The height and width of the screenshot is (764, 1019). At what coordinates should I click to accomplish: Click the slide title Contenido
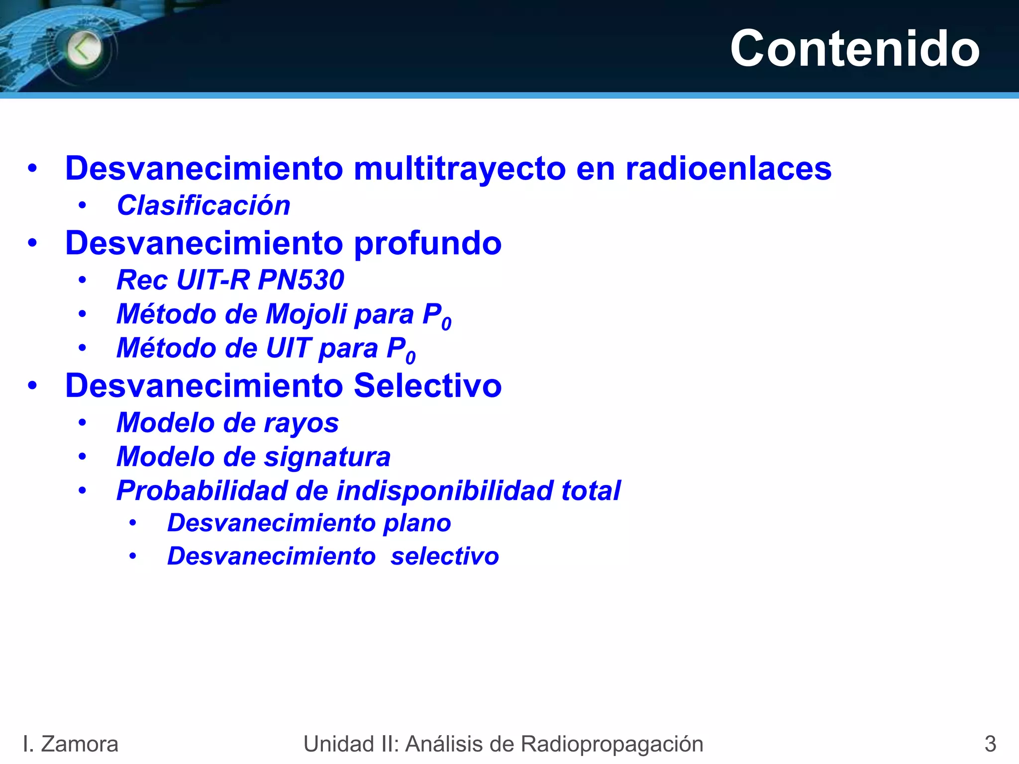tap(854, 48)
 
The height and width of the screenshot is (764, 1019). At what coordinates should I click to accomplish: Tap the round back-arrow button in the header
tap(84, 49)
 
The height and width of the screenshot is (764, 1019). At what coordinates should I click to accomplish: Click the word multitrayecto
tap(460, 168)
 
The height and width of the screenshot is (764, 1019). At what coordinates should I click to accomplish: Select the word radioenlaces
tap(728, 168)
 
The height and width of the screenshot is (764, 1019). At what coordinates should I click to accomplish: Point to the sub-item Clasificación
tap(204, 205)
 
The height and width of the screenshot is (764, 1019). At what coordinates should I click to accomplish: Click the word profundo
tap(427, 243)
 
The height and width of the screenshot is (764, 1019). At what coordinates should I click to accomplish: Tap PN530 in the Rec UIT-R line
tap(301, 280)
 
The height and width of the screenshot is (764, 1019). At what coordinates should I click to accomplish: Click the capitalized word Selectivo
tap(427, 385)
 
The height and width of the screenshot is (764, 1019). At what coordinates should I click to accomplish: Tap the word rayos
tap(301, 423)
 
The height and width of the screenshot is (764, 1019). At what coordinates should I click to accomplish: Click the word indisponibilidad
tap(444, 491)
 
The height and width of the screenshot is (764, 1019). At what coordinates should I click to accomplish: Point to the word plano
tap(417, 523)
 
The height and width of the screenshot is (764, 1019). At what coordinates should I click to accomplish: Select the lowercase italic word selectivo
tap(445, 556)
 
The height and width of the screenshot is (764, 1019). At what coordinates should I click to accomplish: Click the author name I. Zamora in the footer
tap(70, 744)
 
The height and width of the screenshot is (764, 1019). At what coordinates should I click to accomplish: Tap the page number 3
tap(990, 744)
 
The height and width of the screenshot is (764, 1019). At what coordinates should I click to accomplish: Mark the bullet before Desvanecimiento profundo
tap(32, 243)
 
